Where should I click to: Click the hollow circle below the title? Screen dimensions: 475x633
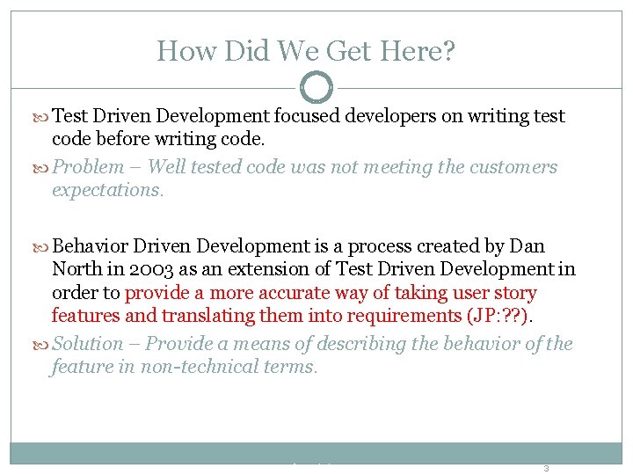[x=316, y=87]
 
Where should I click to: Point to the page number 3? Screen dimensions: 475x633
[x=545, y=469]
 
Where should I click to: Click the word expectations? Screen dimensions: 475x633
[x=107, y=190]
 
